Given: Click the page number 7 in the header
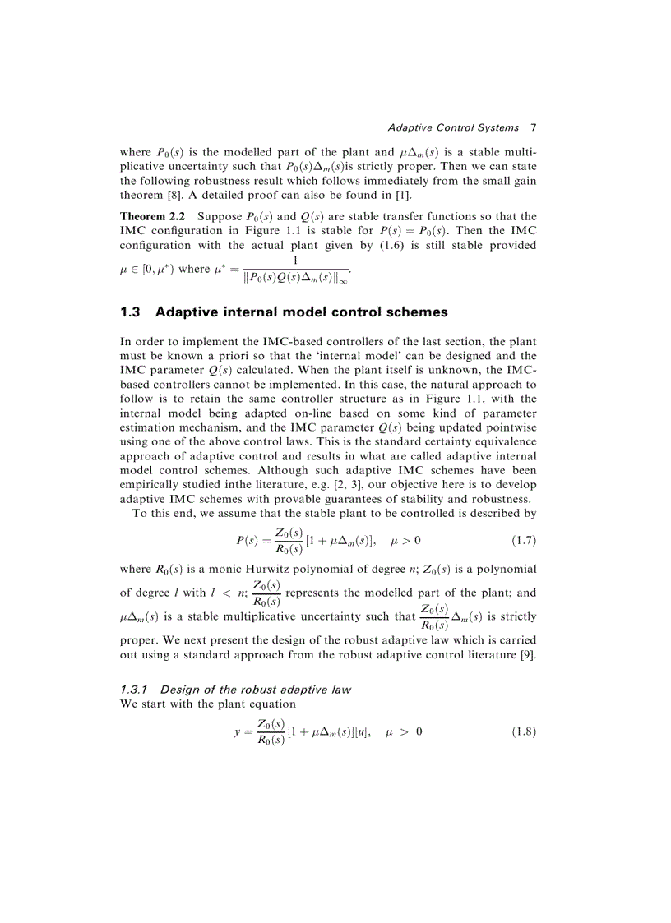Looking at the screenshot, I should tap(533, 127).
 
